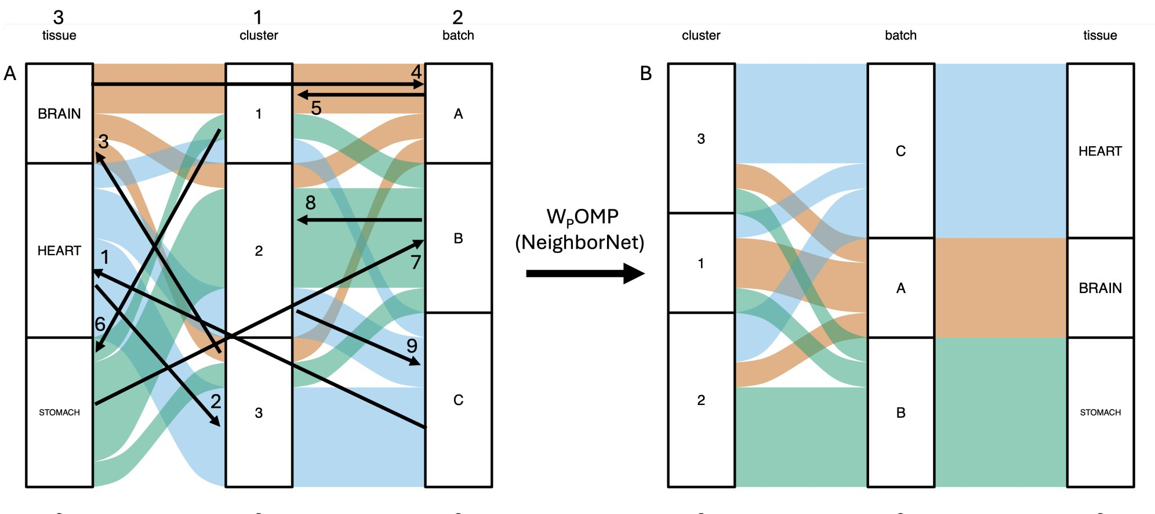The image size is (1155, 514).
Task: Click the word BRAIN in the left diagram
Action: (x=59, y=114)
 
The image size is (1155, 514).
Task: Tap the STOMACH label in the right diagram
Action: (x=1100, y=412)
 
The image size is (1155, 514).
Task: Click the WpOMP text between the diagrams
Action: (x=582, y=217)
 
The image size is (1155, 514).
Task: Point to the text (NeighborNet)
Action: (x=580, y=242)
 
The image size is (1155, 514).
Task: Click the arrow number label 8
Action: (x=311, y=202)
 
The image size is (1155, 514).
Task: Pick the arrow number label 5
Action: (x=316, y=108)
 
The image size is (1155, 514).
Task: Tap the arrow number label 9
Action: (x=412, y=346)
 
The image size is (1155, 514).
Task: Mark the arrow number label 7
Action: (x=416, y=263)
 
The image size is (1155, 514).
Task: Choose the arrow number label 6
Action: (x=100, y=324)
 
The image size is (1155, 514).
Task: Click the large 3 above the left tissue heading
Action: (x=59, y=17)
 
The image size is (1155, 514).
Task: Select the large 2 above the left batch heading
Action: (x=457, y=17)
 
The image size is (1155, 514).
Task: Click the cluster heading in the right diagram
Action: (x=701, y=35)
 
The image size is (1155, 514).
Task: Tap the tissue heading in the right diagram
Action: (x=1100, y=35)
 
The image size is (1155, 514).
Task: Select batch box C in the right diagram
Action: (x=900, y=151)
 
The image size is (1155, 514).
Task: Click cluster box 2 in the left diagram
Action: (x=259, y=251)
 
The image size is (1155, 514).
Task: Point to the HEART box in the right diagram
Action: (x=1100, y=151)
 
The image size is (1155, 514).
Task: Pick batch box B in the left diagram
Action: (x=458, y=238)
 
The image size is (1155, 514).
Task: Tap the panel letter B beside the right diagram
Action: (x=646, y=74)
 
